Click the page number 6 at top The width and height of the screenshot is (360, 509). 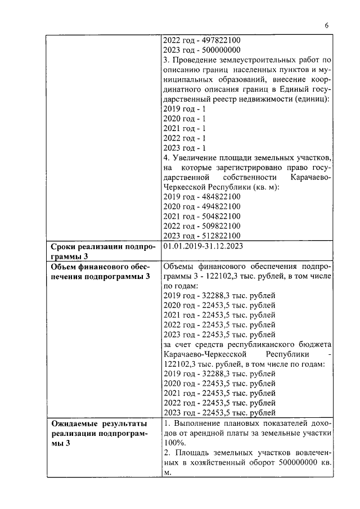click(326, 25)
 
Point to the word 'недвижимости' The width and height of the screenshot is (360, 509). click(272, 99)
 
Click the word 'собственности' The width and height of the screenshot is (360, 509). click(247, 178)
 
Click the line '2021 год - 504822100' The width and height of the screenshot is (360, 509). click(201, 217)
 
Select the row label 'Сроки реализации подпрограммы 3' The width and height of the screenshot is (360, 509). click(101, 251)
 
